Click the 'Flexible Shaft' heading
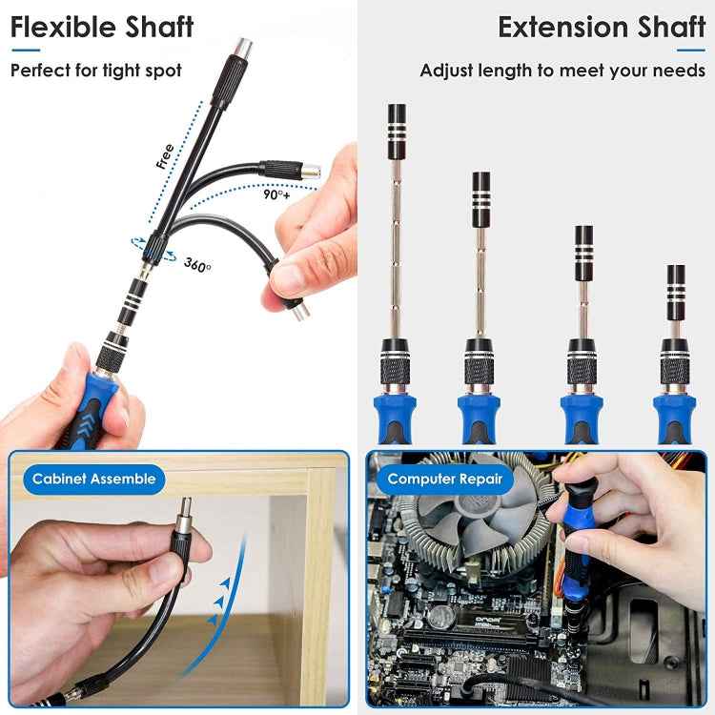(x=102, y=27)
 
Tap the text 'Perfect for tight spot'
(x=95, y=71)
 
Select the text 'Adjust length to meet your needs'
(x=562, y=71)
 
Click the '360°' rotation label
(x=198, y=264)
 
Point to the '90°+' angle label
(x=276, y=194)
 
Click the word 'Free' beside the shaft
(x=165, y=155)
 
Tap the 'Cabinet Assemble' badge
(x=93, y=479)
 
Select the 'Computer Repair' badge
(x=444, y=479)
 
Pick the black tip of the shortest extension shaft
(x=676, y=283)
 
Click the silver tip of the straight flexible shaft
(x=232, y=46)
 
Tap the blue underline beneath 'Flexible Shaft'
(x=23, y=51)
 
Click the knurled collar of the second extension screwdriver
(x=480, y=368)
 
